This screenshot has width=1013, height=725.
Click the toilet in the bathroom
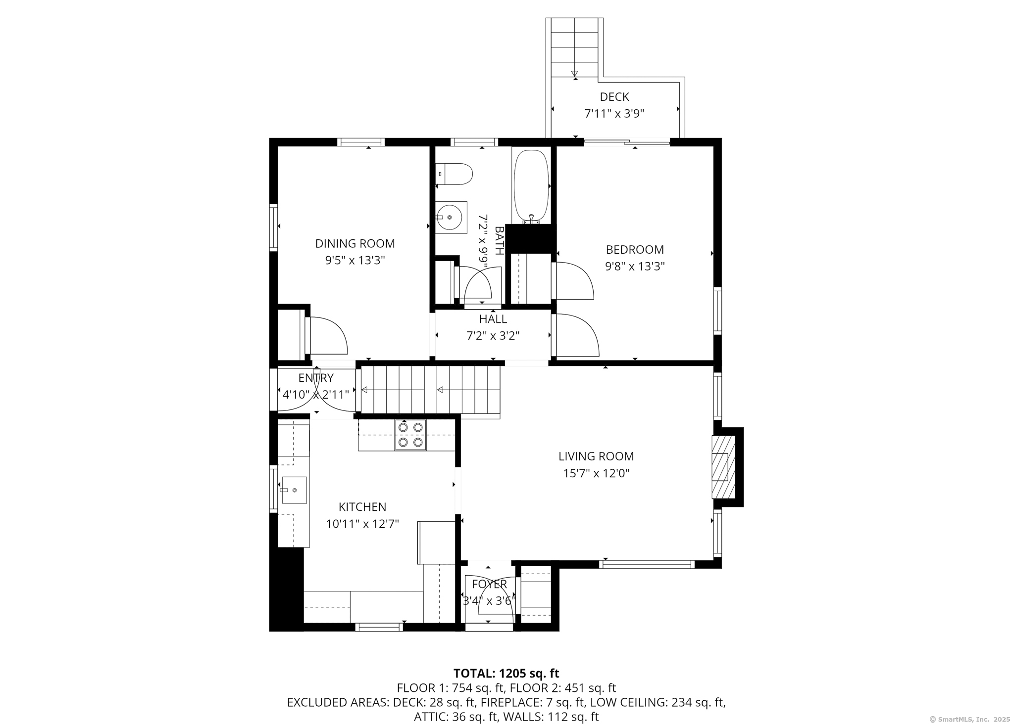coord(456,174)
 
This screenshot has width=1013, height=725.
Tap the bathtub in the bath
coord(531,186)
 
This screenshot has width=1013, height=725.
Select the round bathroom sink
coord(450,217)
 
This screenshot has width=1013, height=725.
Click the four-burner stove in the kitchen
coord(410,435)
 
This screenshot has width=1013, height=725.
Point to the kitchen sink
coord(294,490)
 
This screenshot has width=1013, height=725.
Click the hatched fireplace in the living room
coord(723,467)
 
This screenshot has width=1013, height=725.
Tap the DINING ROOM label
coord(355,243)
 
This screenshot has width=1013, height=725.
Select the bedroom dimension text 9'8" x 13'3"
coord(635,267)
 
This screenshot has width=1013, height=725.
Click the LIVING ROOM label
coord(596,456)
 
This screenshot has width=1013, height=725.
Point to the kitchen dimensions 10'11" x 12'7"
coord(362,524)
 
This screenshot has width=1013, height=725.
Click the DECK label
coord(614,96)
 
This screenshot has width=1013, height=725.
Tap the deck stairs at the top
coord(574,47)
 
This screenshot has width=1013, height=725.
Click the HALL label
coord(493,319)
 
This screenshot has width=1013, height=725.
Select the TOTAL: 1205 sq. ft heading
coord(506,673)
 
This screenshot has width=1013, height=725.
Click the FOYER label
coord(489,584)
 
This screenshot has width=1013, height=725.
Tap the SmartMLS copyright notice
coord(969,719)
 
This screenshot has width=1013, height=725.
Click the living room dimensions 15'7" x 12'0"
coord(596,473)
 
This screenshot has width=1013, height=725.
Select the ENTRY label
coord(316,378)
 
